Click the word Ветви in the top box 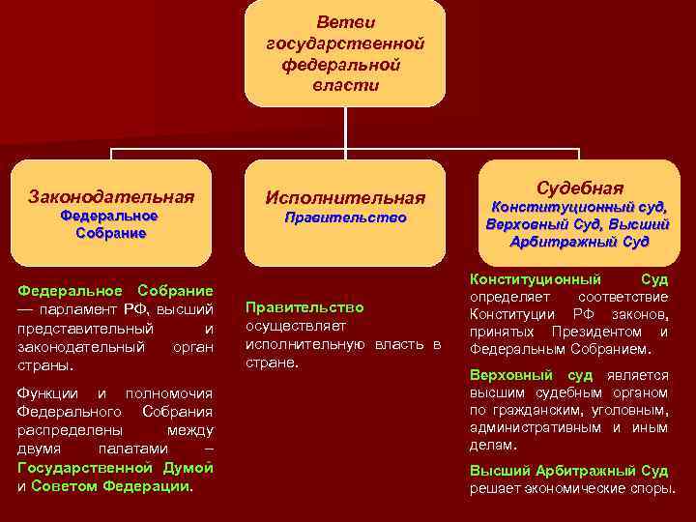click(345, 21)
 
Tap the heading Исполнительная click(345, 198)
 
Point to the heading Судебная click(579, 188)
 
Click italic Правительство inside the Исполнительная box click(345, 218)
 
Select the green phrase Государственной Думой click(116, 468)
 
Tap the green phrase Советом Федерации click(111, 486)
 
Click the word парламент click(78, 309)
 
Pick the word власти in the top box click(345, 85)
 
